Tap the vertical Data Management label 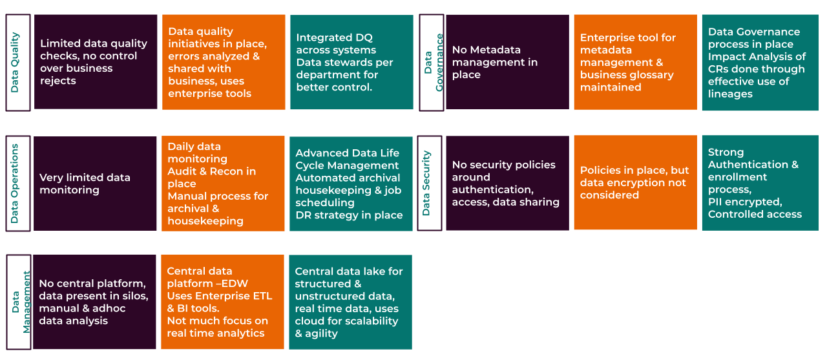pos(18,302)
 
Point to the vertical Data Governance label pos(432,62)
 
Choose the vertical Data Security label pos(429,183)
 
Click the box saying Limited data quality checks pos(96,62)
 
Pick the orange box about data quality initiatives pos(223,62)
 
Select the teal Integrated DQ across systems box pos(351,62)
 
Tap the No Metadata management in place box pos(507,62)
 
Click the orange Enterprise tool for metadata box pos(635,62)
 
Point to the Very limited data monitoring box pos(95,184)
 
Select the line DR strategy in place pos(349,215)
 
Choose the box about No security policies pos(507,183)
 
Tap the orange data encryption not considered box pos(635,183)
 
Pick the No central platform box pos(94,302)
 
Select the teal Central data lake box pos(350,302)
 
